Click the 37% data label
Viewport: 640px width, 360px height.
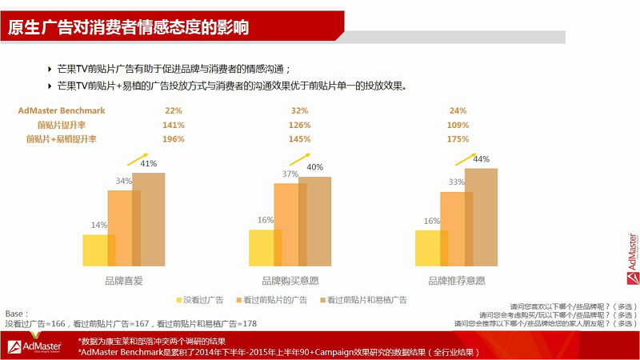pos(290,174)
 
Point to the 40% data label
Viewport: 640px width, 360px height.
pos(314,167)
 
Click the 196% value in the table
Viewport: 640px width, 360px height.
pos(174,138)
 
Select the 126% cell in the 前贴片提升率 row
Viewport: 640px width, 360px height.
pos(300,125)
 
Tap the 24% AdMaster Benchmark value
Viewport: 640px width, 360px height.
pos(458,110)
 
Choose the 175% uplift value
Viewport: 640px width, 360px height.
pos(458,138)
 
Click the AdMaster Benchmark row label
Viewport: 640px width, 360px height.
pos(62,110)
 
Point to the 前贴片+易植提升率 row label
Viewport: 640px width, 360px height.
pos(61,138)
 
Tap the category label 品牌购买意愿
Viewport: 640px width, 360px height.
pos(290,281)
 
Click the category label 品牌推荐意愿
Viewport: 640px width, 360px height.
pos(456,281)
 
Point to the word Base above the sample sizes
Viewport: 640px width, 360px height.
pos(15,314)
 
